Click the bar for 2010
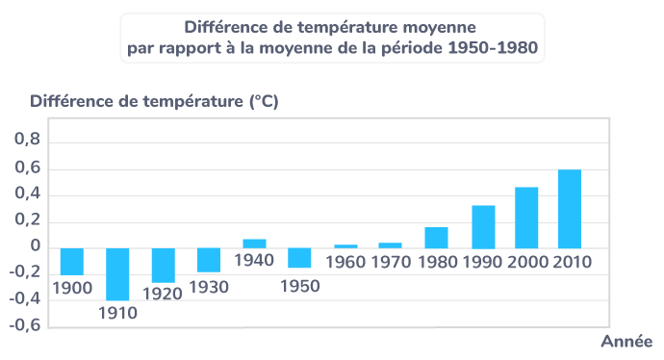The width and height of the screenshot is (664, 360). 570,209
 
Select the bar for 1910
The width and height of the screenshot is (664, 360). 117,274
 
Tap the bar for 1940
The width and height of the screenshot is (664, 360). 254,243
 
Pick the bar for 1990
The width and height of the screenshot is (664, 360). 483,226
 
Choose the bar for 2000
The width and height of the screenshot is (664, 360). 526,217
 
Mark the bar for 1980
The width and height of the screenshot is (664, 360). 436,237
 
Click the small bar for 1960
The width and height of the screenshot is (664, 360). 345,246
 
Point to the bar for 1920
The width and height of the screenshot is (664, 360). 163,265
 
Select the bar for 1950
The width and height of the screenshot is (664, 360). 300,257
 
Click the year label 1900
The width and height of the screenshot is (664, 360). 72,287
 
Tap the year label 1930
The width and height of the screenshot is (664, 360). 209,287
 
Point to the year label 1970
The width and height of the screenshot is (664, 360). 390,261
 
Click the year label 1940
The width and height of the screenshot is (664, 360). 254,261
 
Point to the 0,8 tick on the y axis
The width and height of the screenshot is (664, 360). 28,142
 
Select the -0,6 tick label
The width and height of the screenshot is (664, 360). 24,325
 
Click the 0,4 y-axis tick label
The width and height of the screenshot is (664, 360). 28,195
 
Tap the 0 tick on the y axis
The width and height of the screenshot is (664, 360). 36,247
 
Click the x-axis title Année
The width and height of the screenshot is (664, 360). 626,342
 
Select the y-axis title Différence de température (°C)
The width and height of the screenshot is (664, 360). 154,101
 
